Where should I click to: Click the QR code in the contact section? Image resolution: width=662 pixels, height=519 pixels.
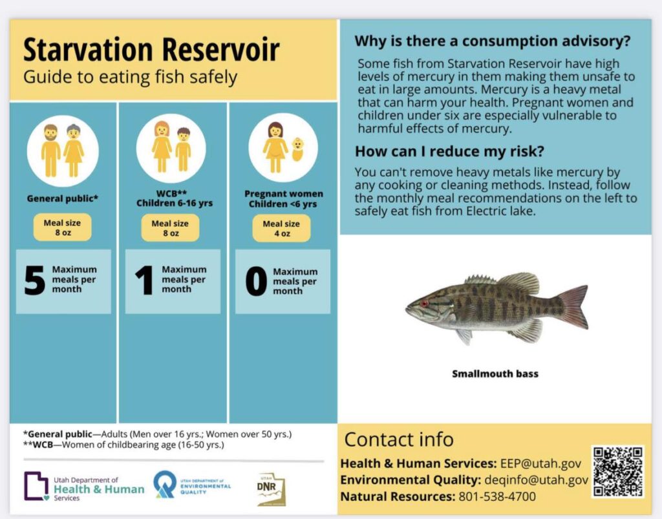[617, 471]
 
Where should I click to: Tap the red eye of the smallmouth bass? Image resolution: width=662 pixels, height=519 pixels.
[425, 303]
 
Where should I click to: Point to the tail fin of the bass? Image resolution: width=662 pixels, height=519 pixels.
[572, 306]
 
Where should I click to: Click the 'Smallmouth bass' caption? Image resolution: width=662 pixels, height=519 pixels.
[495, 374]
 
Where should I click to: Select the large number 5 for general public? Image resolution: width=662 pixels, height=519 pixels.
[35, 281]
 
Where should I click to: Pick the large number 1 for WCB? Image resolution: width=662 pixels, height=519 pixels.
[144, 281]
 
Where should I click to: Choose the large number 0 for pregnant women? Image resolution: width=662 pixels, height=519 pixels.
[256, 282]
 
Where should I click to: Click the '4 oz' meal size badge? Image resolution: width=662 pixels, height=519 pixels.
[281, 229]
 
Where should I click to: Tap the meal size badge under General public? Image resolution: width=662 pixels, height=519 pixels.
[63, 228]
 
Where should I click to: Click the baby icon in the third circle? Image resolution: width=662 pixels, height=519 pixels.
[297, 149]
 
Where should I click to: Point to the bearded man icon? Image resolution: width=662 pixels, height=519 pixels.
[51, 151]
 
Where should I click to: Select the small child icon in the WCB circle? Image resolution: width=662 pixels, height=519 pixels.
[183, 149]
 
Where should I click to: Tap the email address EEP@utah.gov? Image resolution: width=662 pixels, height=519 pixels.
[540, 463]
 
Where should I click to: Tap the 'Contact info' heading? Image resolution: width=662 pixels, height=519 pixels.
[399, 440]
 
